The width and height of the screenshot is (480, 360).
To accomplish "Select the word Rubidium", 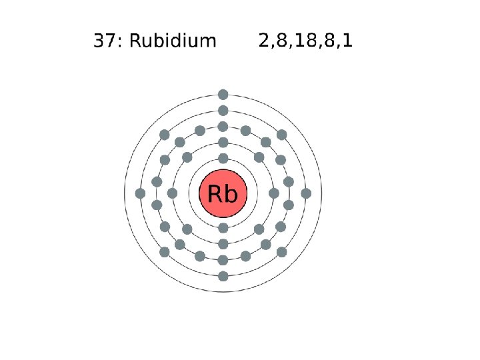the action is click(x=173, y=41).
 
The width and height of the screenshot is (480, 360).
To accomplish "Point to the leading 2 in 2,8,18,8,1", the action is click(x=263, y=41).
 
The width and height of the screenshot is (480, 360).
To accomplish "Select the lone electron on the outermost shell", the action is click(x=223, y=94).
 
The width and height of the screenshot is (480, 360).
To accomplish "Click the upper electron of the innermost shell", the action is click(x=223, y=159).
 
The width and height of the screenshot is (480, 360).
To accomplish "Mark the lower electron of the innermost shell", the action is click(x=223, y=228).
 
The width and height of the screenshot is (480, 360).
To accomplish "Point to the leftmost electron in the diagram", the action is click(x=140, y=193).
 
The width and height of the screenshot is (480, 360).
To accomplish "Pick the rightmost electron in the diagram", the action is click(x=306, y=193).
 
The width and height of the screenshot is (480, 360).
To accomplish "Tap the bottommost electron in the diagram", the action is click(x=223, y=276).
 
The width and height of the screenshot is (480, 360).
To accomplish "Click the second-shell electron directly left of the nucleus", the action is click(x=172, y=193).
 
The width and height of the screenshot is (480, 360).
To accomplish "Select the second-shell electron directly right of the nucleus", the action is click(x=273, y=193).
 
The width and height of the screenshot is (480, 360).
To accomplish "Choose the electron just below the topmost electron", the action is click(x=223, y=111).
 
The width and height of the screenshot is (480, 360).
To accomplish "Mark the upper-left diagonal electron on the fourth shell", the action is click(x=165, y=135).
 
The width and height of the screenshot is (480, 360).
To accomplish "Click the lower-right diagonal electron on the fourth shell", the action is click(x=281, y=252).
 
